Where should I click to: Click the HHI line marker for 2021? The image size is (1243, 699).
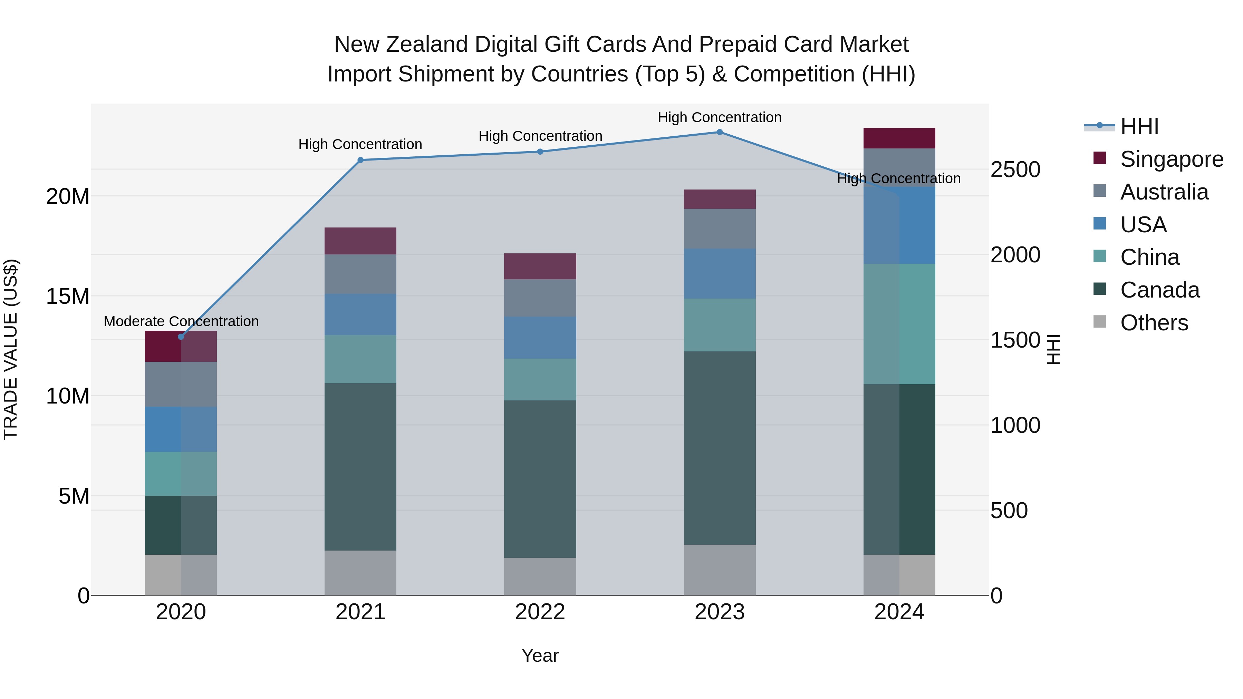click(360, 160)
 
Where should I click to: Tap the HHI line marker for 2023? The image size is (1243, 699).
click(720, 132)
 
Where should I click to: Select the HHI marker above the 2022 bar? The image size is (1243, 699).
click(540, 152)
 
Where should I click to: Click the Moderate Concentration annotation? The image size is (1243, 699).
click(181, 321)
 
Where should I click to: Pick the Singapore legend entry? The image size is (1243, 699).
click(1171, 159)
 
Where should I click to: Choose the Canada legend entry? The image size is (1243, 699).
click(1159, 290)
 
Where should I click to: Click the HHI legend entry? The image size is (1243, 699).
click(1139, 126)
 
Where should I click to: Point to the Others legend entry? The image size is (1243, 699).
click(1154, 323)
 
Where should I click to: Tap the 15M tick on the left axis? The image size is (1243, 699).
click(68, 296)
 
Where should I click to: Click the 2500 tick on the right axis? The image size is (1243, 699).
click(1015, 170)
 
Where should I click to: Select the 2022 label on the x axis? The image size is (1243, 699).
click(540, 612)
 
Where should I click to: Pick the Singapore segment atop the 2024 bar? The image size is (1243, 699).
click(899, 138)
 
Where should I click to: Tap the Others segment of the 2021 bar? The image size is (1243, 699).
click(360, 573)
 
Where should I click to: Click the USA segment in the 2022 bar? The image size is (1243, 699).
click(540, 338)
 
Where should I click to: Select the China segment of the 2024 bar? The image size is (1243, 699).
click(899, 324)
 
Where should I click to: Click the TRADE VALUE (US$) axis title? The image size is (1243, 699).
click(11, 349)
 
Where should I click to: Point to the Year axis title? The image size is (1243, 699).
click(540, 656)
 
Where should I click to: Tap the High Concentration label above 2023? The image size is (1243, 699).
click(720, 117)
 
